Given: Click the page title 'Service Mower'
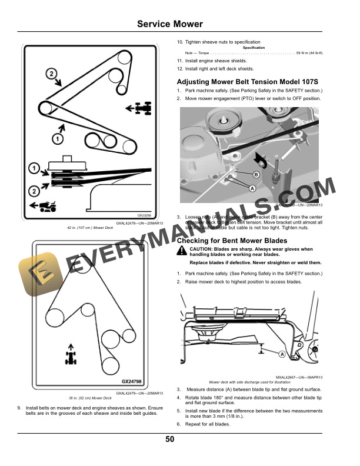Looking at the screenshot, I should coord(169,24).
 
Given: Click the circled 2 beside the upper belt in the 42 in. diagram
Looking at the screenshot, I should coord(51,74).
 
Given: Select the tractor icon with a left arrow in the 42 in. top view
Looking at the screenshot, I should coord(141,108).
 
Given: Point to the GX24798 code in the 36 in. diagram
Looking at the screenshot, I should coord(135,381).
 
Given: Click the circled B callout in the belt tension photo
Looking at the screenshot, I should coord(256,175).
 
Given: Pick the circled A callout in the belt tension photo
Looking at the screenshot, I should coord(251,188).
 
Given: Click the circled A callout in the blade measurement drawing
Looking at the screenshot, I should coord(282,354).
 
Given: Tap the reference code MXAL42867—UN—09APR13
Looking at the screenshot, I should coord(298,377).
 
